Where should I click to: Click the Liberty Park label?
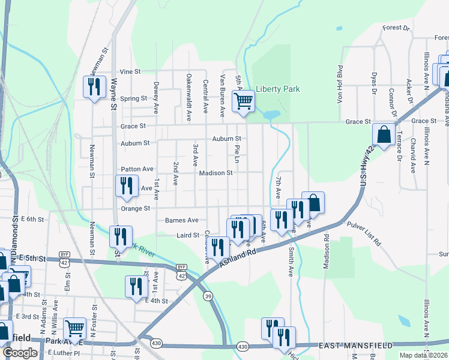[x=277, y=89]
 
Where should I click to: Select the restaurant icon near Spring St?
[x=94, y=88]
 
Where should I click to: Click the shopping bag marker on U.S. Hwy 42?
[x=384, y=135]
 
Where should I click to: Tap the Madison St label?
[x=216, y=173]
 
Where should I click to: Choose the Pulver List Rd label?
[x=364, y=234]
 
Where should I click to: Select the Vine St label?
[x=130, y=71]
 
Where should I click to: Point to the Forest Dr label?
[x=396, y=28]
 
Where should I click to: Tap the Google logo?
[x=20, y=353]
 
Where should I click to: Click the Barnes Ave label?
[x=181, y=220]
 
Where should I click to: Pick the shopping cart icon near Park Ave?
[x=74, y=328]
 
